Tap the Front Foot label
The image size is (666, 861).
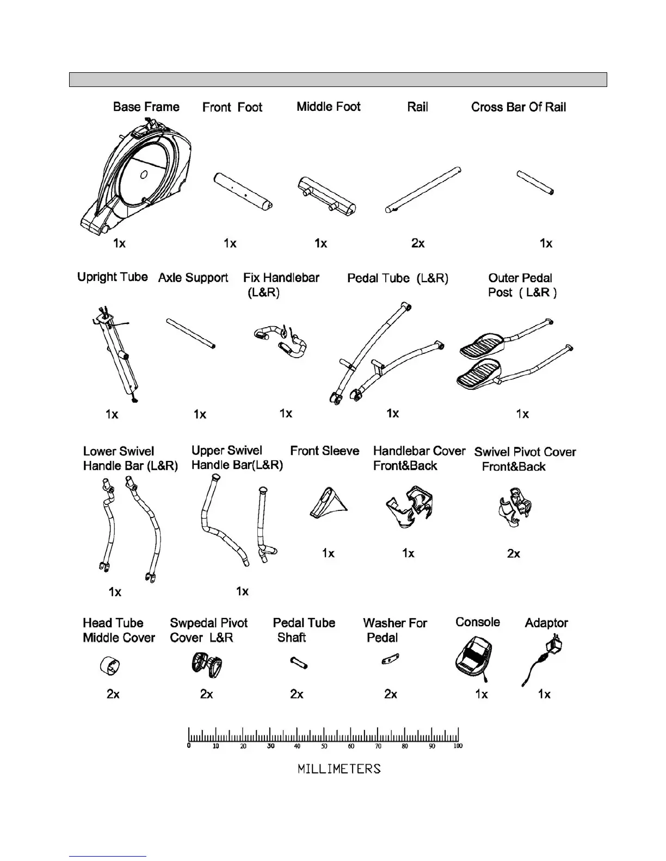click(x=232, y=107)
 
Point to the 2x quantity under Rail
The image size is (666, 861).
click(x=418, y=243)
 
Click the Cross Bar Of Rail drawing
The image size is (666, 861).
click(x=535, y=183)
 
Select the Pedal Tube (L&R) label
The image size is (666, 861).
click(x=398, y=278)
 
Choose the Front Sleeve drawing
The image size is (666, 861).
click(x=328, y=503)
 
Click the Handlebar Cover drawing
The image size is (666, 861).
click(x=410, y=508)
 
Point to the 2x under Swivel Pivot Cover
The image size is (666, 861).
click(x=514, y=553)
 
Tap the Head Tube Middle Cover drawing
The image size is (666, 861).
click(x=110, y=665)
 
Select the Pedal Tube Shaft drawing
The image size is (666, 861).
click(x=299, y=663)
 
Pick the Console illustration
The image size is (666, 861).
click(x=473, y=659)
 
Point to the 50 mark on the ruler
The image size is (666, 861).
click(x=324, y=746)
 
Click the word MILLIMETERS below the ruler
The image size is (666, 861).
click(x=339, y=769)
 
